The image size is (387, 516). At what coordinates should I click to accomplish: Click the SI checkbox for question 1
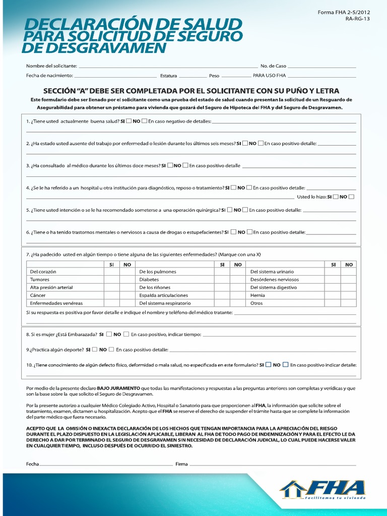(x=129, y=121)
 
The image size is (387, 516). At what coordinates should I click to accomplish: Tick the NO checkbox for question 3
(x=185, y=165)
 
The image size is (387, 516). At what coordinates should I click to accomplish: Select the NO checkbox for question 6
(x=249, y=232)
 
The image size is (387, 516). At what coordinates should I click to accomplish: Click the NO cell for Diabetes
(x=238, y=280)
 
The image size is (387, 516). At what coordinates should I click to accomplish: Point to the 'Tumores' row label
(x=40, y=280)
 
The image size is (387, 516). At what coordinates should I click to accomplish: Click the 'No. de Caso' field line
(x=322, y=67)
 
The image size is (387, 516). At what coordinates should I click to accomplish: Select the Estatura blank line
(x=192, y=76)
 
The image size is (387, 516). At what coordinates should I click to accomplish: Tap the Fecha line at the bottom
(x=106, y=464)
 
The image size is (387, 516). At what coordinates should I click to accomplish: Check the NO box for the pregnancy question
(x=126, y=334)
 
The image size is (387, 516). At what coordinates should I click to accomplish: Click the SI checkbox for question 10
(x=269, y=365)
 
